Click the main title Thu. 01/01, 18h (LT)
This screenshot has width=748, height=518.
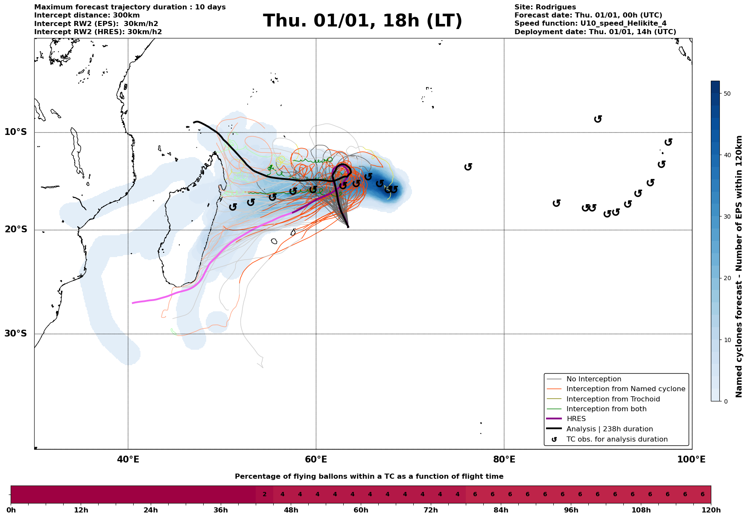[362, 21]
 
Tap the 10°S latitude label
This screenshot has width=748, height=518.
[16, 132]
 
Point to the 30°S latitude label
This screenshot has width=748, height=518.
[16, 334]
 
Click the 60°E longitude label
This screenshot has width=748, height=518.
[316, 460]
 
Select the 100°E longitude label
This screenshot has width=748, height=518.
[691, 460]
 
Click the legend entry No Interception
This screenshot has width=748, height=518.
[593, 379]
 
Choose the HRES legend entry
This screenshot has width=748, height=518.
[576, 419]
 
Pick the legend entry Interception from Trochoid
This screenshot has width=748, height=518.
[613, 399]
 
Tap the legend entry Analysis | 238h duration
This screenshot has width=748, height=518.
[609, 429]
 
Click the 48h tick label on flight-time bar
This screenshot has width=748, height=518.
[291, 510]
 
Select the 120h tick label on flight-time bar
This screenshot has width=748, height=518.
[711, 510]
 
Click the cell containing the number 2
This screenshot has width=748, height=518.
[264, 495]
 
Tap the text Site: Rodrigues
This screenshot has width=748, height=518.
[545, 7]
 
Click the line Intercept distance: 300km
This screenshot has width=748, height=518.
[87, 15]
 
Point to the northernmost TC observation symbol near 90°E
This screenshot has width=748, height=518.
[598, 119]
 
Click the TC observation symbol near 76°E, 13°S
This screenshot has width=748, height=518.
[468, 167]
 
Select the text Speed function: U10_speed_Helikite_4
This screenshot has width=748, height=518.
[590, 23]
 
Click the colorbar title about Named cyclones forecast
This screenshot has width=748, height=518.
[739, 266]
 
